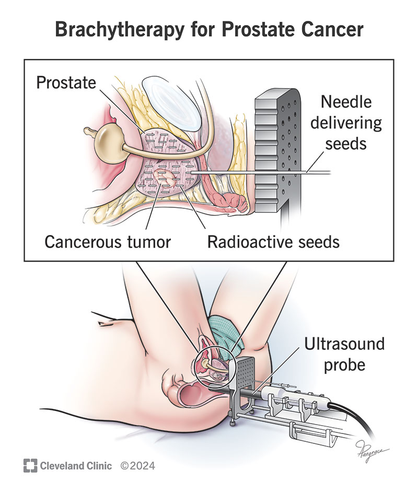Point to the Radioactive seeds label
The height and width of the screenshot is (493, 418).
(274, 242)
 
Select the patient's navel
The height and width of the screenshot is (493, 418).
(107, 324)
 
